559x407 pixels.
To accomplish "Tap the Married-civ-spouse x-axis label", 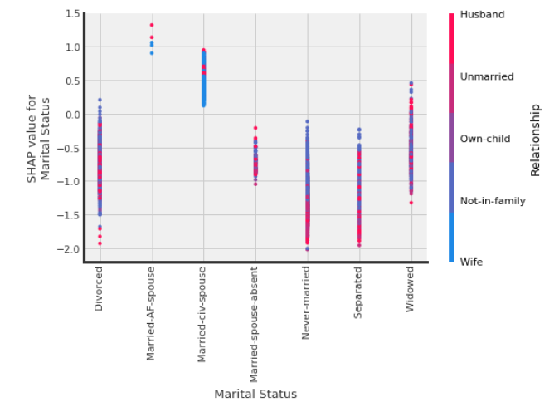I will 202,314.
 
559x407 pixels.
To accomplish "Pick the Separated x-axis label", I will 358,291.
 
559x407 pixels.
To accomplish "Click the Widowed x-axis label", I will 410,289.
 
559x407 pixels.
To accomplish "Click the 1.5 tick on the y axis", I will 70,14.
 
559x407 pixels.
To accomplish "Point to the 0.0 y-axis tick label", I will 70,115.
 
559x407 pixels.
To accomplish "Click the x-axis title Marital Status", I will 255,394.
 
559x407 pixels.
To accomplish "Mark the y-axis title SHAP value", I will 39,139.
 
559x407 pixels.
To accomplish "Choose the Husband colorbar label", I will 482,14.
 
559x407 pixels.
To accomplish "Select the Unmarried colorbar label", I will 487,76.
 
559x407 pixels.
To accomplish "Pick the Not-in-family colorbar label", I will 493,200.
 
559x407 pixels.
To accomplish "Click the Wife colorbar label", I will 471,262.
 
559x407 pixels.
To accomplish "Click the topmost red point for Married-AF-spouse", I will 152,25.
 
